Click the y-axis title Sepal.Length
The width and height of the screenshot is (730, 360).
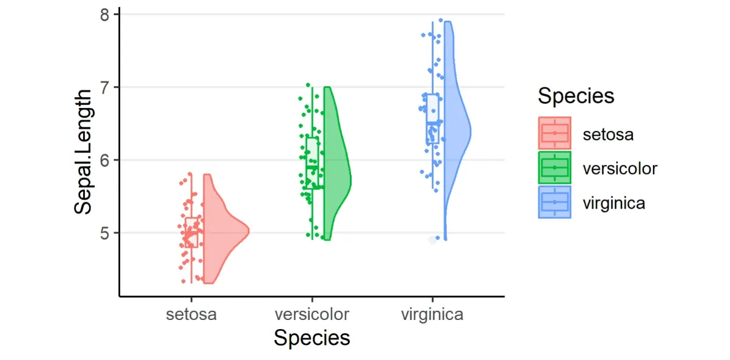(84, 152)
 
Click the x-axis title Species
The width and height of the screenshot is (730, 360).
(312, 338)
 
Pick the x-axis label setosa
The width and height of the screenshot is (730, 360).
(192, 315)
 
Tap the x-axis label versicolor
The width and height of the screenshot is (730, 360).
(312, 315)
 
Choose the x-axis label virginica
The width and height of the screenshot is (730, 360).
(432, 315)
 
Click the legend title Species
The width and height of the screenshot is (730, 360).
(576, 96)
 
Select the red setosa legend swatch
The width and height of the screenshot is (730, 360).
(555, 133)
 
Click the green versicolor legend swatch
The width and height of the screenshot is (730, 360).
(555, 167)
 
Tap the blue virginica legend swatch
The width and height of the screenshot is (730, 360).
(555, 202)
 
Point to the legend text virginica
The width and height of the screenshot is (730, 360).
(614, 203)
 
